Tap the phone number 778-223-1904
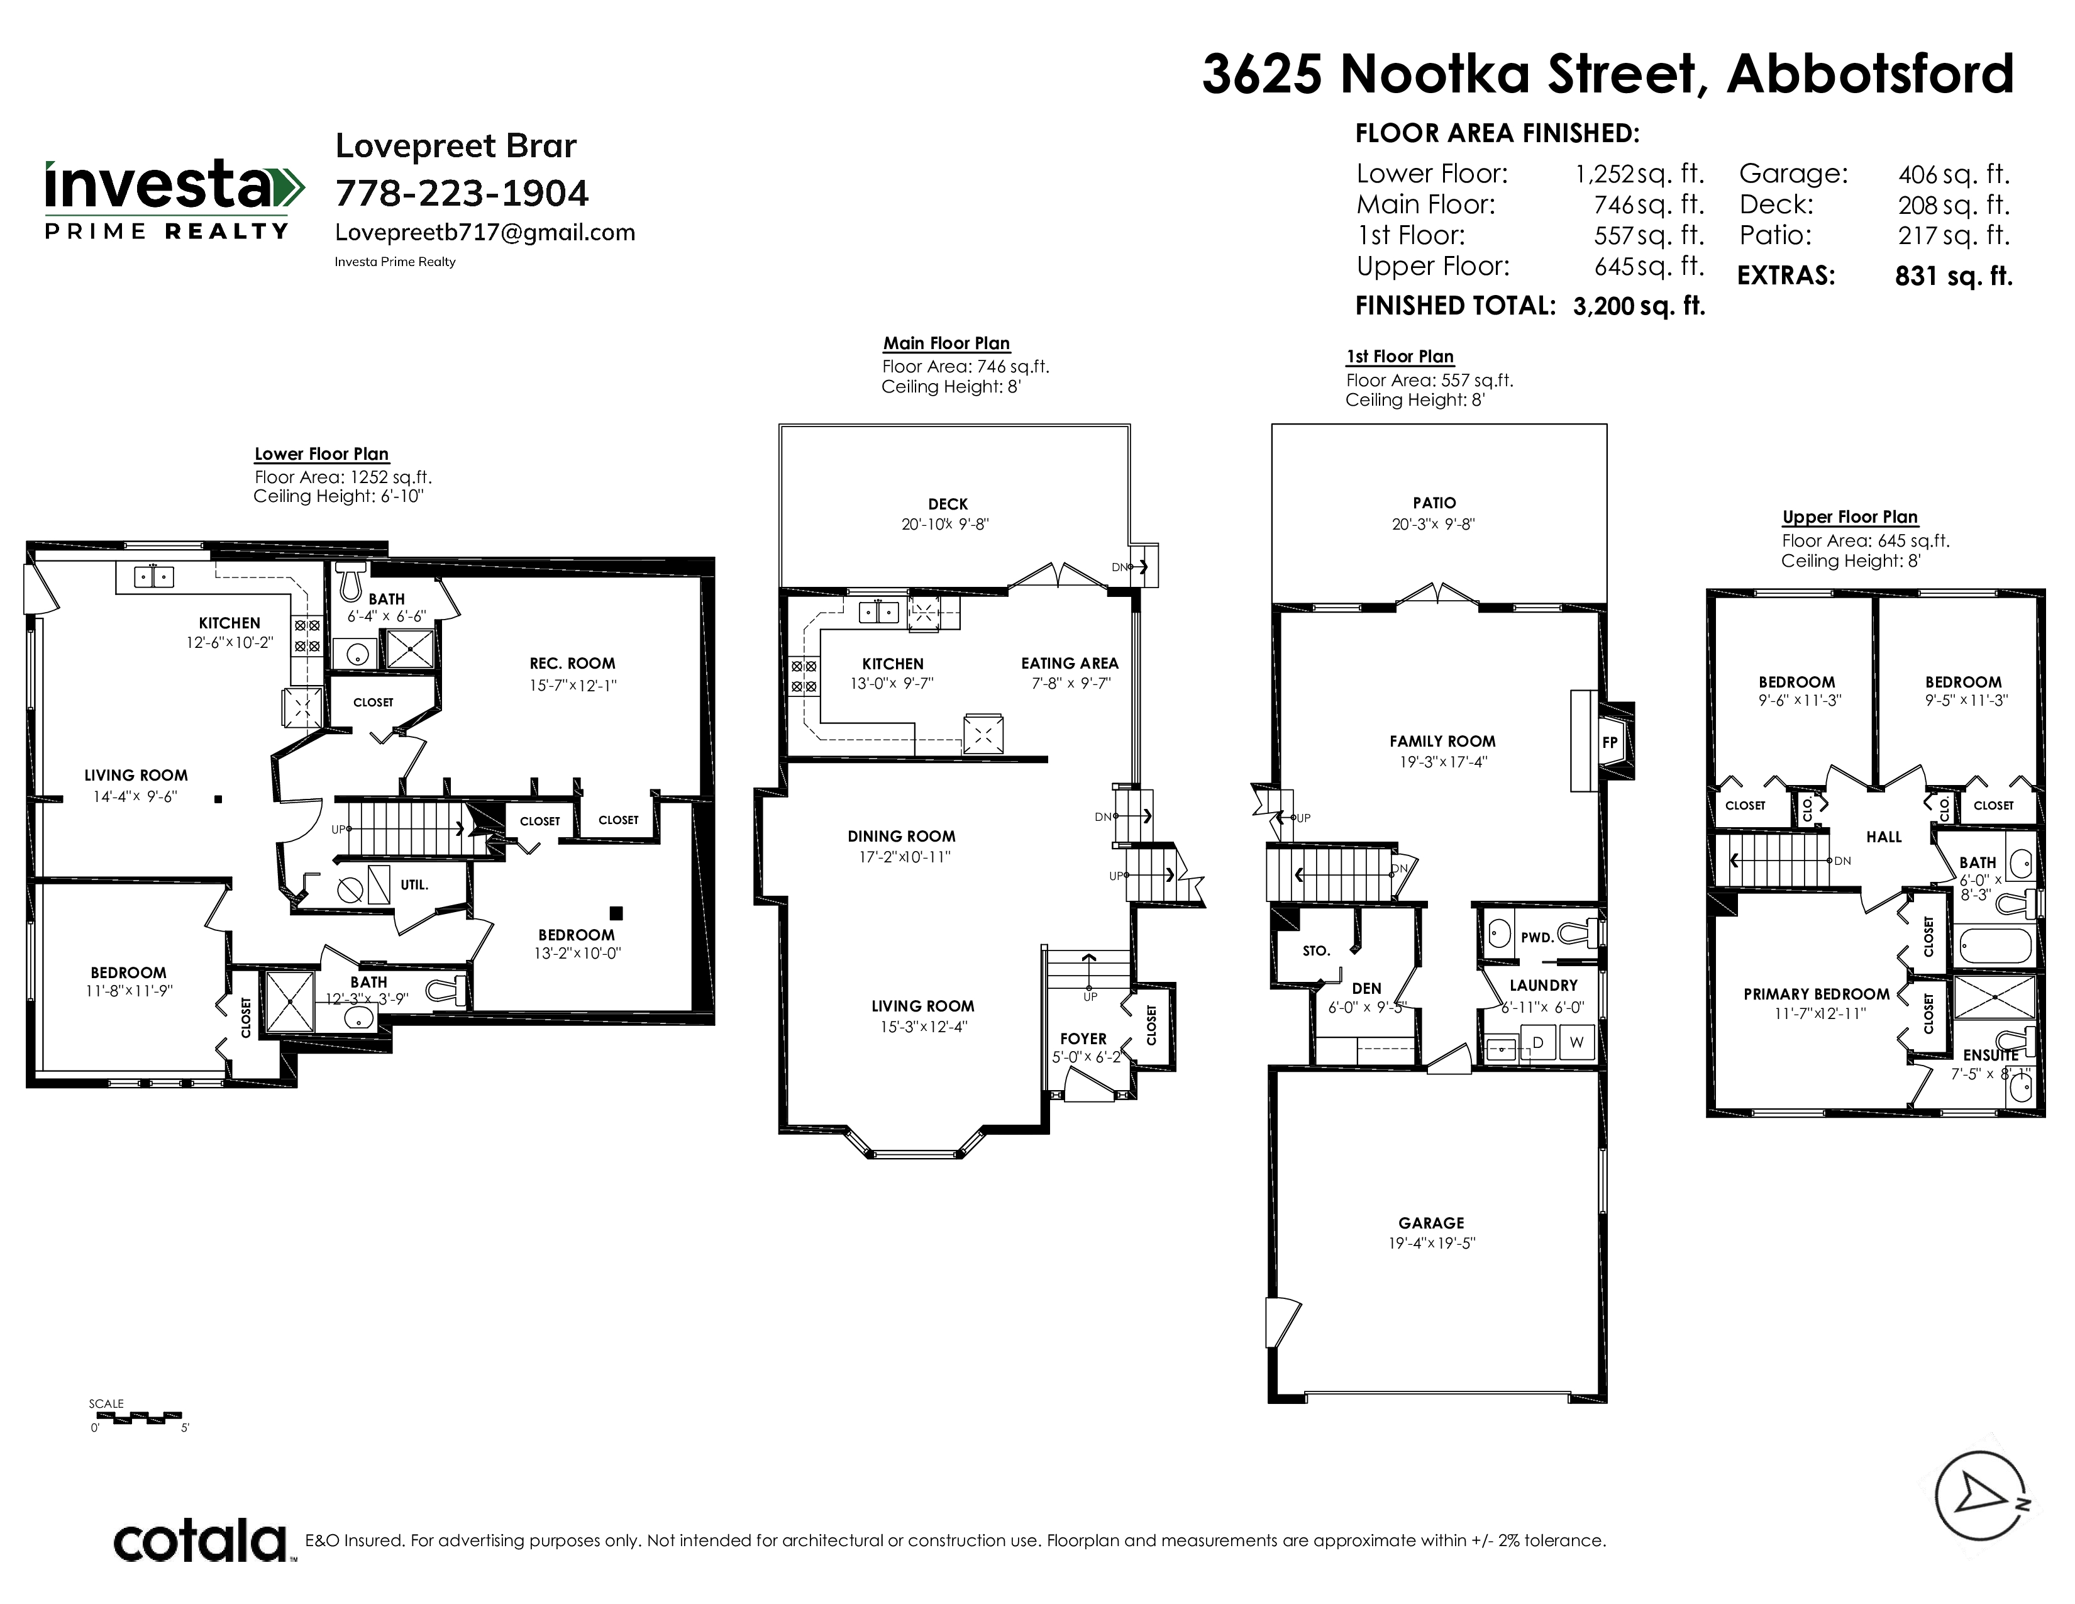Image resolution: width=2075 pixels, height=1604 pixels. [x=462, y=194]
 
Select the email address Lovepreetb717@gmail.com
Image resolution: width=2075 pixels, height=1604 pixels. [x=485, y=233]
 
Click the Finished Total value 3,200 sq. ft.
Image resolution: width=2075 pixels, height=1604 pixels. [x=1639, y=306]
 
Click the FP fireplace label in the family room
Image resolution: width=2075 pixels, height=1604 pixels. [x=1610, y=742]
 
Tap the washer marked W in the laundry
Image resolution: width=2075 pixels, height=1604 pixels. [x=1577, y=1042]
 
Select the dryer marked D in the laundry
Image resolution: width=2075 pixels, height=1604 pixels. [x=1538, y=1042]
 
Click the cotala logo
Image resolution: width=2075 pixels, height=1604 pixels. [x=201, y=1541]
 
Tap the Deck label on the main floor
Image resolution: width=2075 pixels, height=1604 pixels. [x=948, y=504]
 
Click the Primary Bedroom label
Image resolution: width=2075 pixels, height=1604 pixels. [x=1817, y=994]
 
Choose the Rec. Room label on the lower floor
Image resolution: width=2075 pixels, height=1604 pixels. [x=572, y=663]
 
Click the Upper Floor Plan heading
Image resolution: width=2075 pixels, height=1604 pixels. [x=1850, y=517]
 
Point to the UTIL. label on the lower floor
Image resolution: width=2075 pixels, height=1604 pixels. [x=414, y=884]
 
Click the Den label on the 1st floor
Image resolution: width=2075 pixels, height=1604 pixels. [x=1366, y=988]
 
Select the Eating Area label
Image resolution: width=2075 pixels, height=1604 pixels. [x=1070, y=663]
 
